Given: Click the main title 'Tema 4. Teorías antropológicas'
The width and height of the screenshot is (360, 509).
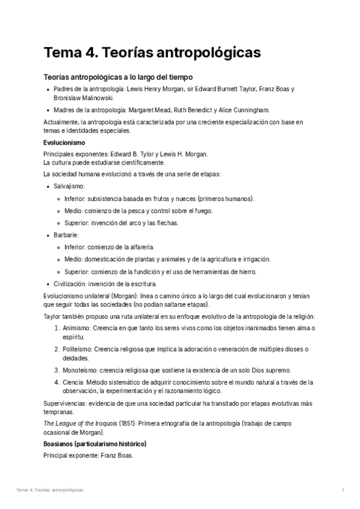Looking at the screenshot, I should pyautogui.click(x=152, y=53).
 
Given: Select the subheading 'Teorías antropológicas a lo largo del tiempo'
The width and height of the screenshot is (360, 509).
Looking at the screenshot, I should pyautogui.click(x=118, y=77).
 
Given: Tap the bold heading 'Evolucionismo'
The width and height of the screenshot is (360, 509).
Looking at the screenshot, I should pyautogui.click(x=64, y=143).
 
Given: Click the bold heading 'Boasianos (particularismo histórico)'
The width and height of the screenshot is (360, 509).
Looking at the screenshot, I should pyautogui.click(x=95, y=444).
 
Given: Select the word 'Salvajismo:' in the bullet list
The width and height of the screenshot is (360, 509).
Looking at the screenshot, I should pyautogui.click(x=70, y=187).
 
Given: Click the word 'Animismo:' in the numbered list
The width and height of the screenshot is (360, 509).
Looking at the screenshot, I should pyautogui.click(x=78, y=328).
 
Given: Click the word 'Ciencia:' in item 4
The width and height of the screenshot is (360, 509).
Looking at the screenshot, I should pyautogui.click(x=74, y=382).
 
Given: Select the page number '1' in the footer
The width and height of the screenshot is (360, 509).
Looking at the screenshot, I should pyautogui.click(x=342, y=490).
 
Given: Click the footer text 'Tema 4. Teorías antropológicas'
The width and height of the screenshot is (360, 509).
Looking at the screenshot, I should pyautogui.click(x=50, y=490).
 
